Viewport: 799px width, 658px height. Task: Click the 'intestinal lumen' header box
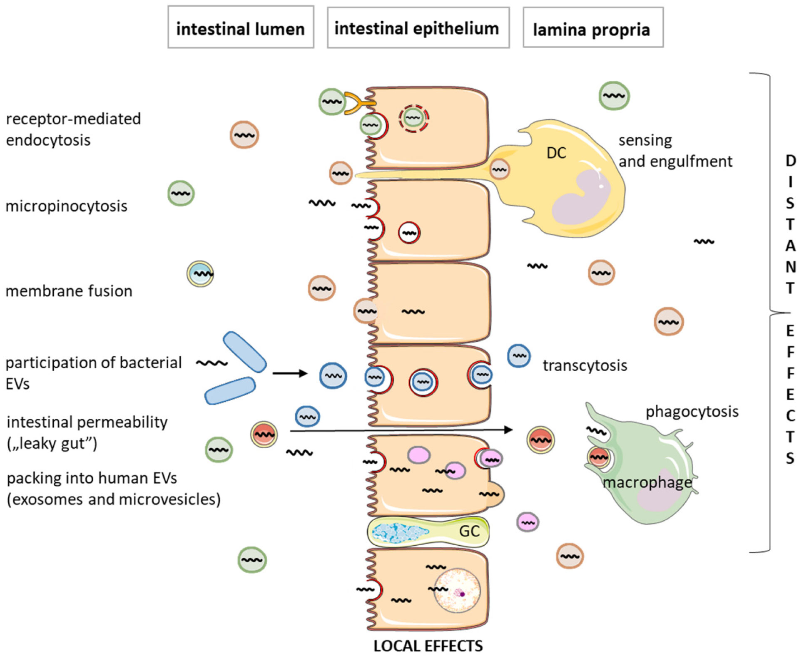[x=240, y=27]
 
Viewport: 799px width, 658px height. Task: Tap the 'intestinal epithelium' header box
[x=418, y=27]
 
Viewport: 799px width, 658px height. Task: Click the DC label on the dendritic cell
[x=556, y=153]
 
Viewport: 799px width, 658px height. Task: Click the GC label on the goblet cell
[x=469, y=531]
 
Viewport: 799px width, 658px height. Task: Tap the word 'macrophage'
[x=647, y=483]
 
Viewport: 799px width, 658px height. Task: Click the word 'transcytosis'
[x=585, y=365]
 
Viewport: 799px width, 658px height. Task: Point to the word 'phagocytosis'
[x=692, y=411]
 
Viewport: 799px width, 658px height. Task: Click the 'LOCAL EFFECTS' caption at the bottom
[x=428, y=646]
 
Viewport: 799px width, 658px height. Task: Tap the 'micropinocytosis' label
[x=66, y=206]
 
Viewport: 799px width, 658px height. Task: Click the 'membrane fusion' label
[x=69, y=291]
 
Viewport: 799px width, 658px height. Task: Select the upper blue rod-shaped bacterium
[x=244, y=352]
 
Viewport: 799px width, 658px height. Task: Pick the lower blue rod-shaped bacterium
[x=229, y=390]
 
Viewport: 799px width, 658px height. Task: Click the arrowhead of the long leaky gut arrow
[x=509, y=430]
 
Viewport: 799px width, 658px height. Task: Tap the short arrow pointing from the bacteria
[x=290, y=373]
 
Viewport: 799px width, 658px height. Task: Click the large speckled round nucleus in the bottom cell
[x=457, y=591]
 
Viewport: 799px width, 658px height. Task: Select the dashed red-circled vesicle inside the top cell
[x=413, y=119]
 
